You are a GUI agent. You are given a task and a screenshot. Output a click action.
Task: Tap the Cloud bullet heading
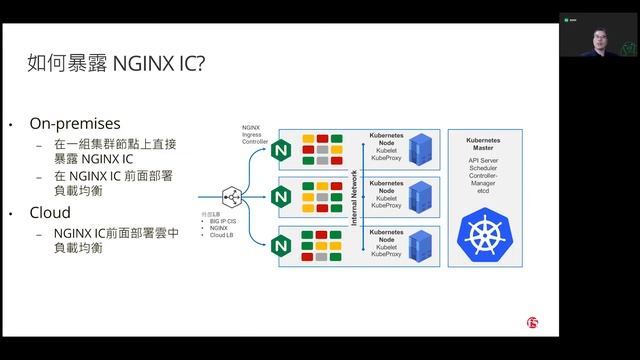tap(50, 213)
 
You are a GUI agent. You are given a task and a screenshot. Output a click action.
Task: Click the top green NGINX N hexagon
tap(279, 150)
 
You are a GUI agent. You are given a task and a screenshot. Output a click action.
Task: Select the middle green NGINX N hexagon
tap(279, 198)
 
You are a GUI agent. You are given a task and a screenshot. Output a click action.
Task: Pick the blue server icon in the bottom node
tap(421, 244)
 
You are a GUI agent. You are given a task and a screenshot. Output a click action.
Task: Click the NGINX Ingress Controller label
tap(254, 135)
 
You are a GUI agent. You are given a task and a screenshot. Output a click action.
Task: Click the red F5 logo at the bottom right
tap(532, 323)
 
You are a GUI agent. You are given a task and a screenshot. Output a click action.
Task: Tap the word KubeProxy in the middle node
tap(385, 206)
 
